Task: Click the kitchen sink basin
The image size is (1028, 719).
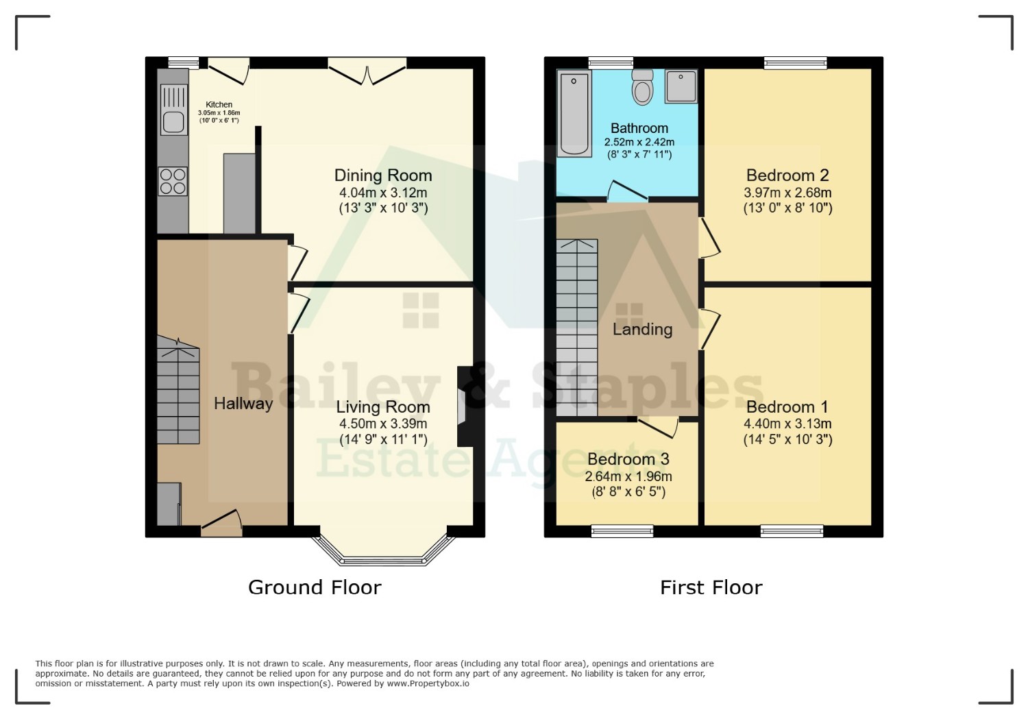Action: pos(173,122)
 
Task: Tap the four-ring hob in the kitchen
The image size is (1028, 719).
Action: pos(173,181)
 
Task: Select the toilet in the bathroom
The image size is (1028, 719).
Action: pos(642,87)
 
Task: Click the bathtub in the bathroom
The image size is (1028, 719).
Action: pos(574,113)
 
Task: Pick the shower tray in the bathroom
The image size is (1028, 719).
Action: pos(681,86)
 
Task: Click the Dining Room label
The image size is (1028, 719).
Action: pos(383,175)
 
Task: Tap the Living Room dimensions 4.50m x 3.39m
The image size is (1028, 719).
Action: pos(383,424)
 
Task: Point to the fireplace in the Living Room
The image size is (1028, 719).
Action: pos(465,406)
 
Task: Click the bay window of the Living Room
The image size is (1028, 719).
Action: pos(383,551)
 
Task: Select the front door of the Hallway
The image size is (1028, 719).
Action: pos(221,523)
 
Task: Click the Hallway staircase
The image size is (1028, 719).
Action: pos(178,390)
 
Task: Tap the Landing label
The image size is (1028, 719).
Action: pos(643,329)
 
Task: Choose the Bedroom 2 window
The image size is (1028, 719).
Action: pos(795,63)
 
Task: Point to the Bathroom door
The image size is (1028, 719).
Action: pos(627,192)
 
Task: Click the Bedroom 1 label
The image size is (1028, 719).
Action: pos(787,407)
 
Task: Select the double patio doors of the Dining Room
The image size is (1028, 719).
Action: pos(367,71)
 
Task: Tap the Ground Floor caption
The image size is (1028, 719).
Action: pos(315,587)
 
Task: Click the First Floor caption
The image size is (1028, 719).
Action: pos(711,587)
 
